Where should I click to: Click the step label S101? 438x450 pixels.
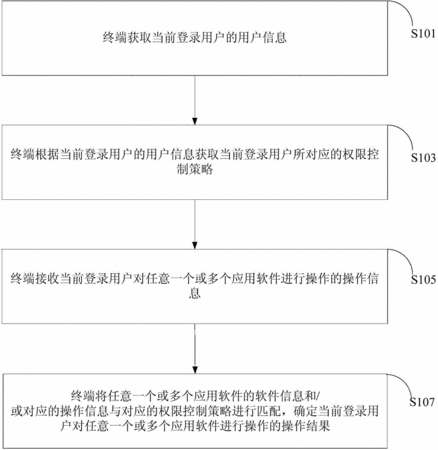point(423,34)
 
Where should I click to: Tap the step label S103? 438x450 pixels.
point(423,158)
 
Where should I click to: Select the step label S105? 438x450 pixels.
point(423,279)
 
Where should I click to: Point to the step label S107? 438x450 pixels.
point(422,402)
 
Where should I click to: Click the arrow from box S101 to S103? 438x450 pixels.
point(195,100)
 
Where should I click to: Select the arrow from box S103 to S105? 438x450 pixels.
point(195,224)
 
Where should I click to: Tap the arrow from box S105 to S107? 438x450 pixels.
point(195,349)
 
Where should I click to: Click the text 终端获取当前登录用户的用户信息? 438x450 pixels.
point(195,37)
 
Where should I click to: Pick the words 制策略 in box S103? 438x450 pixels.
point(195,169)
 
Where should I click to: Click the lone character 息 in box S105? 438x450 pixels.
point(195,293)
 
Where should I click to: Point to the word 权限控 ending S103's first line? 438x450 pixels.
point(361,155)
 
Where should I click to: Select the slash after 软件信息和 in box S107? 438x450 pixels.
point(318,396)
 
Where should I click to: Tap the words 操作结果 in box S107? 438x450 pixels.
point(306,426)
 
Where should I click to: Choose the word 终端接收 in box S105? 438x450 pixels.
point(34,279)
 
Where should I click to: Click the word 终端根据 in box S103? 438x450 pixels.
point(34,155)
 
